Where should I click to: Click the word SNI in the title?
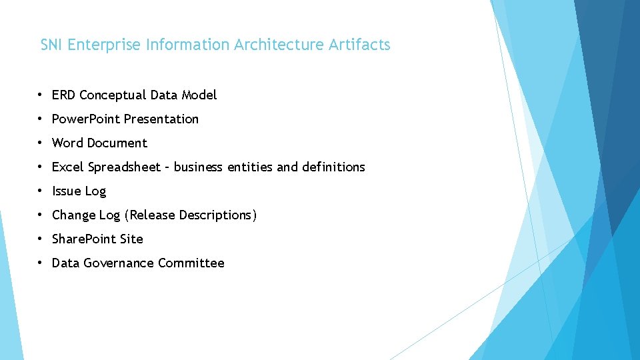coord(52,45)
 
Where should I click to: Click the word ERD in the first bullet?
coord(63,95)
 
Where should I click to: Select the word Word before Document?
coord(67,143)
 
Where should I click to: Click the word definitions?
coord(333,167)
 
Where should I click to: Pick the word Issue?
coord(66,191)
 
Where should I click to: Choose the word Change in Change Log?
coord(74,215)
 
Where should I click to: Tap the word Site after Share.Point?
coord(131,239)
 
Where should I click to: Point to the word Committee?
coord(191,263)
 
